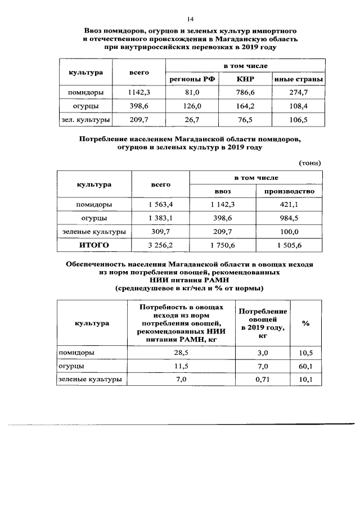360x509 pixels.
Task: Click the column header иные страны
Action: [x=298, y=79]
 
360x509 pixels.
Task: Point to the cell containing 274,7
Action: [x=298, y=92]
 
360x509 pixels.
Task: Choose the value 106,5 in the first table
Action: [x=298, y=119]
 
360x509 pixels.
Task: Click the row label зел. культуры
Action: [x=85, y=119]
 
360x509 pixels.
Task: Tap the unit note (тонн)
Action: [x=309, y=163]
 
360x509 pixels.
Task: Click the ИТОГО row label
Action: [x=94, y=245]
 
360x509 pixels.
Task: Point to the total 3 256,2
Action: [x=160, y=245]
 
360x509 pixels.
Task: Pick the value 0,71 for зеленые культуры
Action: [x=263, y=380]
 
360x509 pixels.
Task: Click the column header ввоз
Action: [x=223, y=191]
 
